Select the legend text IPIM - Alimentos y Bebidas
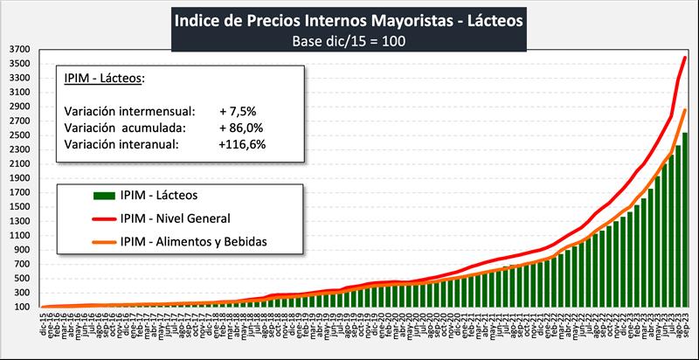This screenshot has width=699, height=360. (193, 240)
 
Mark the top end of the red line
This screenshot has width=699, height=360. (685, 58)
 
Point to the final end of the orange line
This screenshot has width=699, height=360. (685, 110)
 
